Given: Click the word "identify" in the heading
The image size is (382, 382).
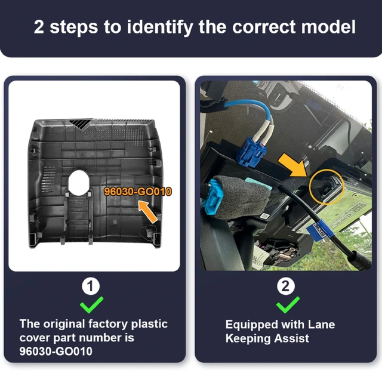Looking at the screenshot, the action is (x=161, y=27).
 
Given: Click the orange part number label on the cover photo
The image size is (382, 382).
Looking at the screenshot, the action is (x=138, y=192).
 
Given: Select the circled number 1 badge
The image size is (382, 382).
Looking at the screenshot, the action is (x=91, y=286).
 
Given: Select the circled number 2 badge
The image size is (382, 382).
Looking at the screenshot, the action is (x=286, y=286).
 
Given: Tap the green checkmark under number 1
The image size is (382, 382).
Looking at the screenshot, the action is (x=91, y=305).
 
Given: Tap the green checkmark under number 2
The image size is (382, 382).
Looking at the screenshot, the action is (x=288, y=305).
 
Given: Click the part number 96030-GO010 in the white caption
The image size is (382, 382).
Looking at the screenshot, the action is (x=56, y=352).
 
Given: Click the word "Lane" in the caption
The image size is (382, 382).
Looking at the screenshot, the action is (x=321, y=325).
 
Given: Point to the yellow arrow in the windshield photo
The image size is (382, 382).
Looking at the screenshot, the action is (x=292, y=165).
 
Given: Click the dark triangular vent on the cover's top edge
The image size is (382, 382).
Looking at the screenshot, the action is (x=80, y=124).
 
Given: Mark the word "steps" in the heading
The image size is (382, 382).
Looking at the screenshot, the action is (x=73, y=27).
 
